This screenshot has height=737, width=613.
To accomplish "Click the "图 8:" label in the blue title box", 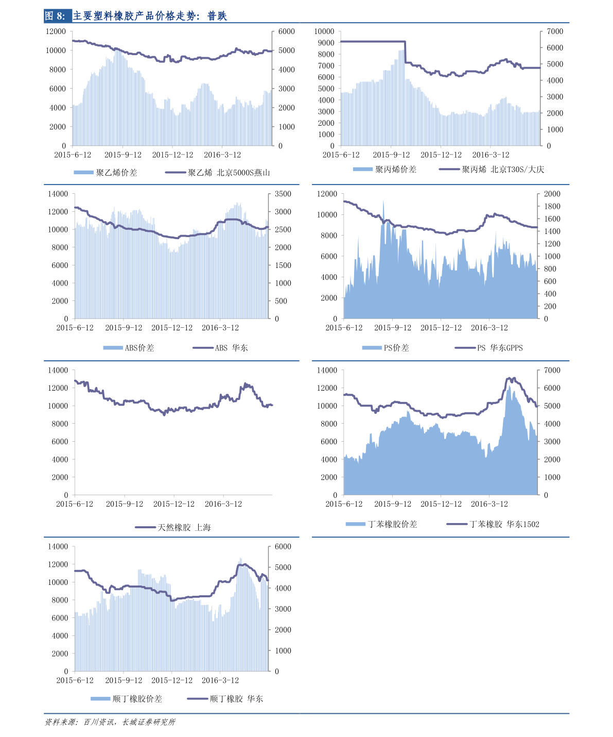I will (56, 16).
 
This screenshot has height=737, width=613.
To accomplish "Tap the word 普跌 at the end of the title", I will (217, 16).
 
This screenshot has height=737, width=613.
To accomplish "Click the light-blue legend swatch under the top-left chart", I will (83, 172).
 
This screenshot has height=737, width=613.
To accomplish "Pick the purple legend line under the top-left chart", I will (176, 172).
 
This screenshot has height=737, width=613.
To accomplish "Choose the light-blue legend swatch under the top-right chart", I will (362, 169).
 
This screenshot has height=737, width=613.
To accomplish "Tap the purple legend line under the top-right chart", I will (449, 169).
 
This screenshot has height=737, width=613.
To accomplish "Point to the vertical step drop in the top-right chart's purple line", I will (405, 52).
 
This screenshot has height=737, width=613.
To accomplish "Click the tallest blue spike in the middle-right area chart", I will (383, 202).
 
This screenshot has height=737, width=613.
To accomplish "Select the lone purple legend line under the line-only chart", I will (145, 527).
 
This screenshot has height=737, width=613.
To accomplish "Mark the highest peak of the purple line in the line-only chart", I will (246, 383).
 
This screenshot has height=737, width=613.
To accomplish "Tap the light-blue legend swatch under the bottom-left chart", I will (100, 699).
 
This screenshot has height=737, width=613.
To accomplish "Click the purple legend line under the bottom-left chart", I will (198, 699).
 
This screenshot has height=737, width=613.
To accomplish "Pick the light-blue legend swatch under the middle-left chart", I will (113, 348).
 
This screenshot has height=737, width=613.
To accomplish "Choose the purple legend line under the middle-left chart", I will (203, 348).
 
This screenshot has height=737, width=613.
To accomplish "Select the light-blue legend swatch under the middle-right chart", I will (372, 348).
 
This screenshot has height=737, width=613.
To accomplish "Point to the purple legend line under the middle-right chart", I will (465, 348).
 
